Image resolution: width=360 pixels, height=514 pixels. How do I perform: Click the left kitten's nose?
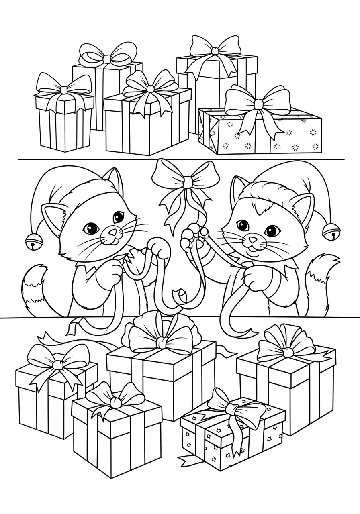click(114, 232)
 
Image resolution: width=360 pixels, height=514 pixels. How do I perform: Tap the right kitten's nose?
click(252, 240)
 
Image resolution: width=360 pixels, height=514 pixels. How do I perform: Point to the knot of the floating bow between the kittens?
click(188, 183)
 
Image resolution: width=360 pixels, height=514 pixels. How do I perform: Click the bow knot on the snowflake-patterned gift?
click(258, 104)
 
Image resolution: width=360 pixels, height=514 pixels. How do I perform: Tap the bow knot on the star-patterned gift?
click(233, 409)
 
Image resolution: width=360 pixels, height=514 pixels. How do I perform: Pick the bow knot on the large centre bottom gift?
click(162, 342)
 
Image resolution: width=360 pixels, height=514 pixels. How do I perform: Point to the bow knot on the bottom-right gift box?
click(288, 352)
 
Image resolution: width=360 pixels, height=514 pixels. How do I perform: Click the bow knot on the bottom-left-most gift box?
click(58, 365)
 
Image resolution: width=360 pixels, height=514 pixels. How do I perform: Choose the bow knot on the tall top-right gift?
click(215, 51)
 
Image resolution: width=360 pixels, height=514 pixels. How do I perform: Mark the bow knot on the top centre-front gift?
click(151, 88)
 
